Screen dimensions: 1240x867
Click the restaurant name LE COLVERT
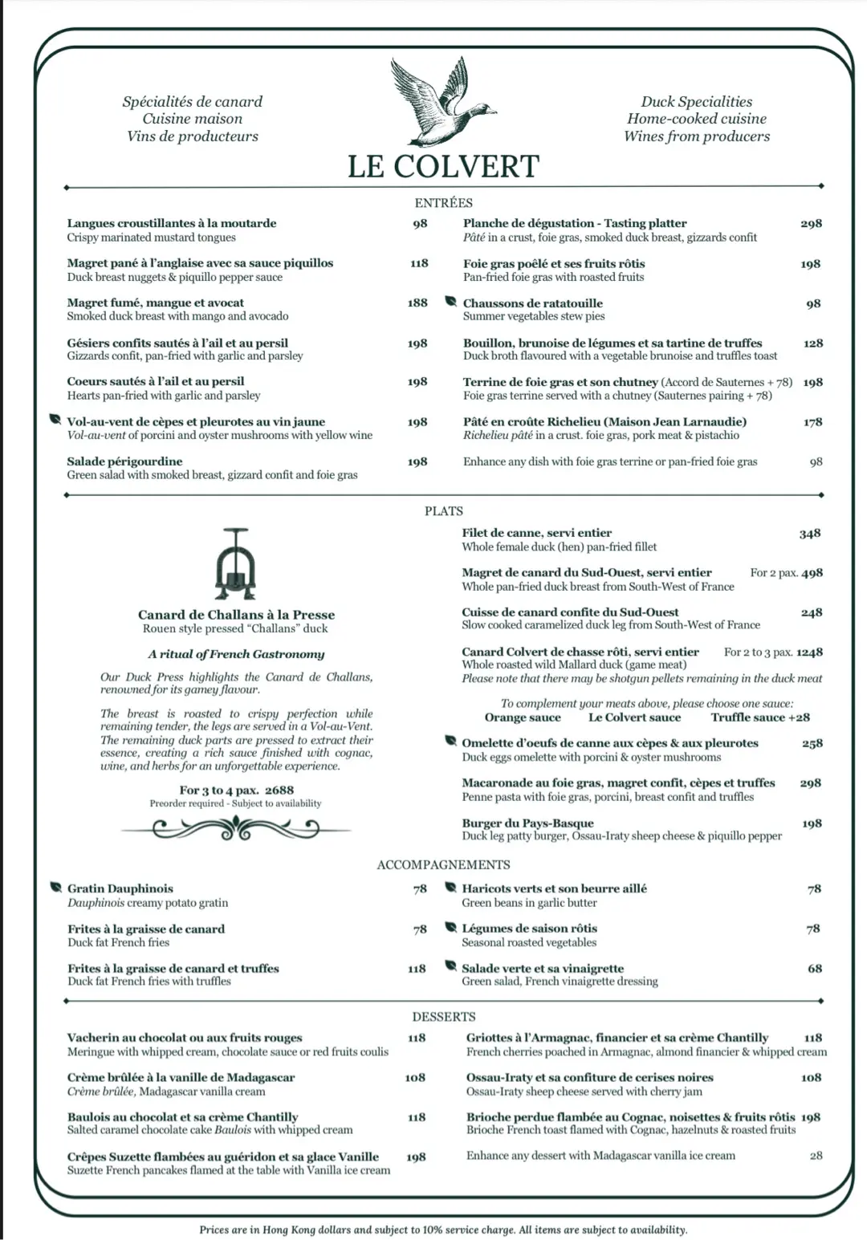coord(443,166)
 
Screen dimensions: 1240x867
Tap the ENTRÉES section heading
coord(443,203)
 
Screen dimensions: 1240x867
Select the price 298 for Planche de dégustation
coord(811,224)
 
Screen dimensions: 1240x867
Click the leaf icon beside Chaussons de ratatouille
coord(451,302)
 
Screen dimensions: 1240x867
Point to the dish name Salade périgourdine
coord(124,461)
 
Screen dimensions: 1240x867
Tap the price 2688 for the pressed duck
coord(279,790)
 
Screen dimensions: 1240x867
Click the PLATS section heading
coord(443,511)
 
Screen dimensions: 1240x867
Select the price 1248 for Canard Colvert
coord(809,653)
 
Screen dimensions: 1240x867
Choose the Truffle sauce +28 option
coord(759,718)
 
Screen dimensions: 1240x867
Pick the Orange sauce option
coord(523,718)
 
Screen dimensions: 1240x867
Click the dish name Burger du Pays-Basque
coord(527,823)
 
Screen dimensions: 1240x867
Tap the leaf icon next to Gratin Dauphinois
coord(55,888)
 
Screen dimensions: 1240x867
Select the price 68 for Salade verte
coord(815,969)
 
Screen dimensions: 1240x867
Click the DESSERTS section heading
coord(443,1017)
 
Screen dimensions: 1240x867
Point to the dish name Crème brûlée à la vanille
coord(181,1077)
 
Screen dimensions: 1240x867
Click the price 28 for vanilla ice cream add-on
coord(816,1156)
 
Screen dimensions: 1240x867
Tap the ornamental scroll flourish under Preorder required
coord(236,829)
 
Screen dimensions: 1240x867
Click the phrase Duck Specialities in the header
coord(696,102)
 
